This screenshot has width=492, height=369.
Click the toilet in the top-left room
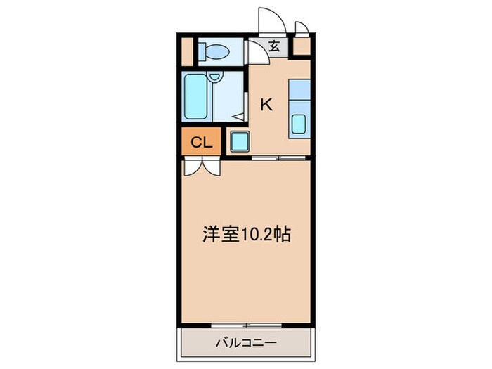pos(210,51)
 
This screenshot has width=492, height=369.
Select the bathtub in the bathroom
pos(193,97)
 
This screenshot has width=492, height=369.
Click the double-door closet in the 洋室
pos(202,167)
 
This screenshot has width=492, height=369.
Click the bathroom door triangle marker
pos(239,117)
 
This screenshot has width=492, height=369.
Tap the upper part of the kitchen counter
pos(298,91)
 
